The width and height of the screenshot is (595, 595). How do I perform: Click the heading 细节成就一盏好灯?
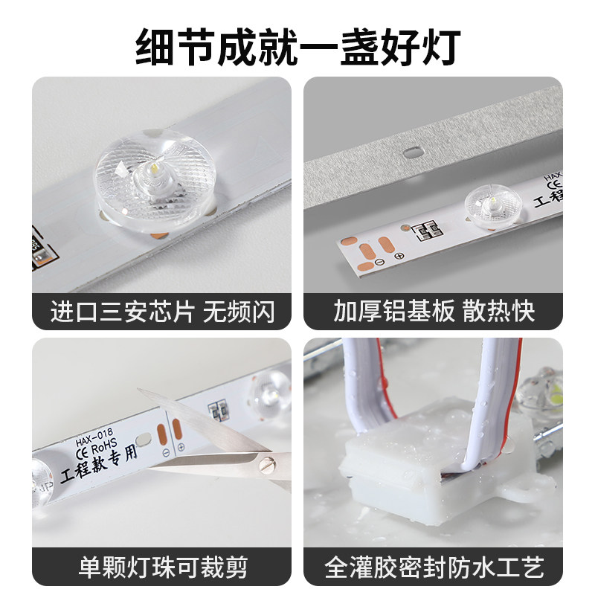click(x=297, y=46)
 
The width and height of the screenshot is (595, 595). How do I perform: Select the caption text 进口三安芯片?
click(x=122, y=311)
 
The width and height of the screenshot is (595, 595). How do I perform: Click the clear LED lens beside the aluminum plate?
click(x=492, y=204)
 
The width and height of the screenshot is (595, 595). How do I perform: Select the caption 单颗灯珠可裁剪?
click(x=161, y=567)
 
